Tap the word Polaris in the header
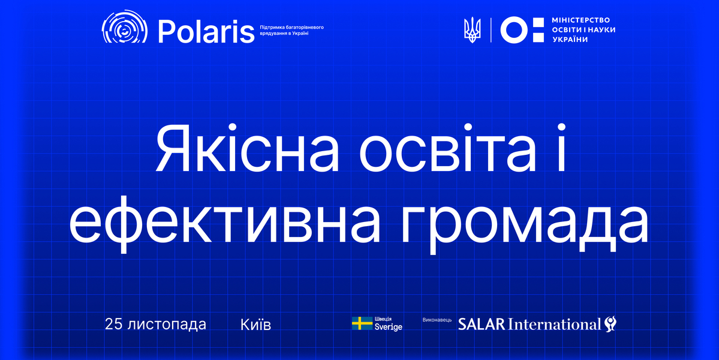coord(206,31)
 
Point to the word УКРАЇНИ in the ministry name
coord(570,40)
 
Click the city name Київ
coord(255,325)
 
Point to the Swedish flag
coord(362,324)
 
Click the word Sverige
coord(389,328)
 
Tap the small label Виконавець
coord(437,320)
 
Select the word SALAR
coord(482,325)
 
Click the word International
coord(555,325)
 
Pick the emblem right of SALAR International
coord(610,324)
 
